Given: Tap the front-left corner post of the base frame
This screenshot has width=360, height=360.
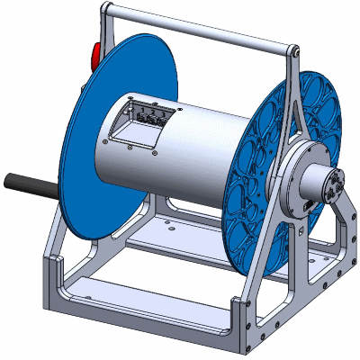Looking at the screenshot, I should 53,279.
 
